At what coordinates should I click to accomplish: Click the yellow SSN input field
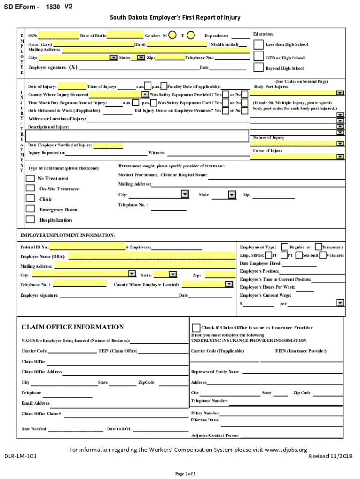[58, 36]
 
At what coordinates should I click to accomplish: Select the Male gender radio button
[173, 35]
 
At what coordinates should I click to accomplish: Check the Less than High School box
[258, 44]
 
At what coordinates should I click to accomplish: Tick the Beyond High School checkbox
[258, 67]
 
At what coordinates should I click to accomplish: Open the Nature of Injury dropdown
[340, 144]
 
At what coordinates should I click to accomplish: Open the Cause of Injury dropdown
[340, 157]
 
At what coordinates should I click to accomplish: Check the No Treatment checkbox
[30, 178]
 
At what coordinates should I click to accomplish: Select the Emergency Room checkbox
[30, 209]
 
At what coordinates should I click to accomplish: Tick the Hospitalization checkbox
[30, 219]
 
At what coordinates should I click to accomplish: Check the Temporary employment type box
[318, 247]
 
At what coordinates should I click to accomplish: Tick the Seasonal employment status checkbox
[299, 255]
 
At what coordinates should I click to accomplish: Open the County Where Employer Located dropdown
[229, 284]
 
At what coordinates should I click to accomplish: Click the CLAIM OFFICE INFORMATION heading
[73, 327]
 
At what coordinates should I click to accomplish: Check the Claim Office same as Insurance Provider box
[196, 327]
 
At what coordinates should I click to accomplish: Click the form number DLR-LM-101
[21, 456]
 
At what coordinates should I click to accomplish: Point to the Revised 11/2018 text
[331, 456]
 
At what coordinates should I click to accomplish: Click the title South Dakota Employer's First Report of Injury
[175, 18]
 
